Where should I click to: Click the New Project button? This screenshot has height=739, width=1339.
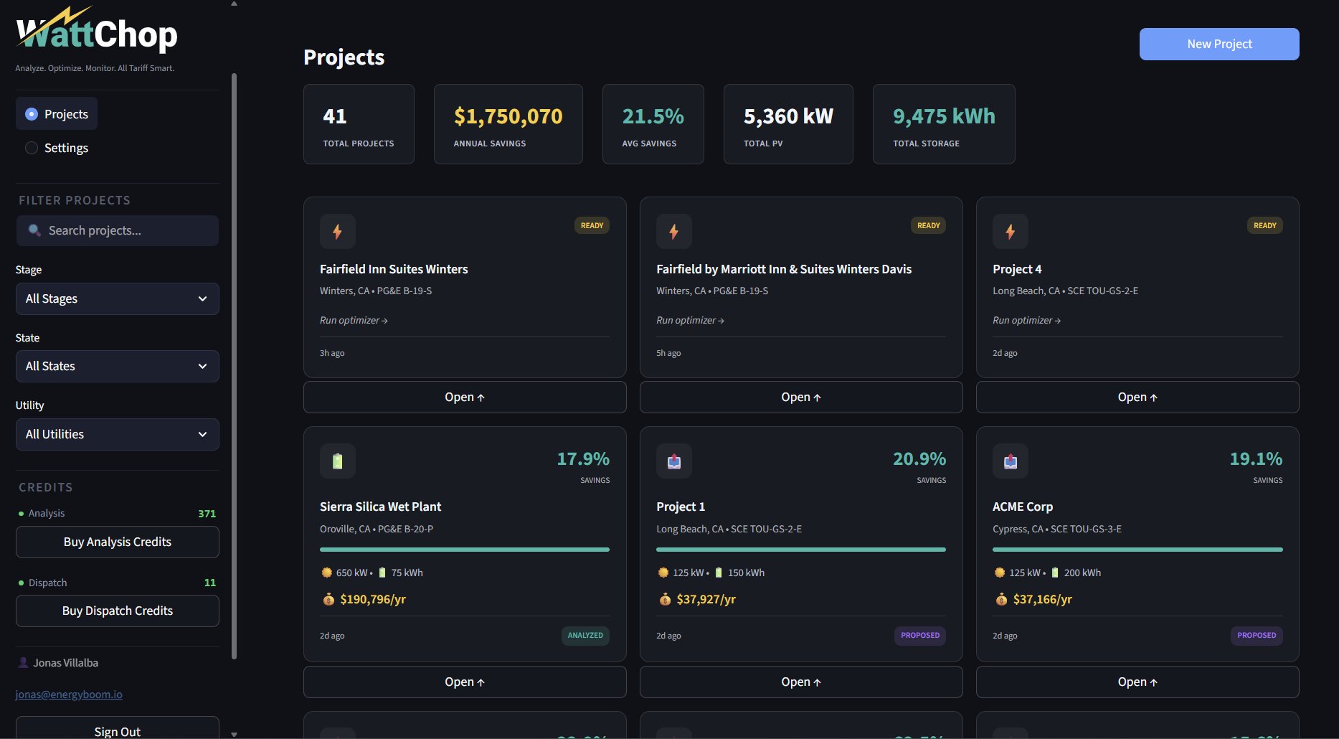pyautogui.click(x=1219, y=44)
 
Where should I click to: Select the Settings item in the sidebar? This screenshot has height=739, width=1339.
pyautogui.click(x=65, y=148)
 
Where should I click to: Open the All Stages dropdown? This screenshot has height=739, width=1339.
pyautogui.click(x=117, y=298)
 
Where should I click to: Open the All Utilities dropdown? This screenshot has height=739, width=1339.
pyautogui.click(x=117, y=434)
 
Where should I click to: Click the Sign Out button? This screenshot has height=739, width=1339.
pyautogui.click(x=117, y=730)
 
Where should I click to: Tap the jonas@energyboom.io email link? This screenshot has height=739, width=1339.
pyautogui.click(x=69, y=695)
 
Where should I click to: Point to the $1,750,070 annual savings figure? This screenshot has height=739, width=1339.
pyautogui.click(x=508, y=116)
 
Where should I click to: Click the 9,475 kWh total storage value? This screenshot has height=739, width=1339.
pyautogui.click(x=943, y=116)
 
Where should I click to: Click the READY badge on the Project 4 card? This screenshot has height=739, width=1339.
pyautogui.click(x=1264, y=225)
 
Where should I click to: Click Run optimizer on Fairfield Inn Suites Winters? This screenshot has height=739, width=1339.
pyautogui.click(x=354, y=321)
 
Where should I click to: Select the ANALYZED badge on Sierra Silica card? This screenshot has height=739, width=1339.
pyautogui.click(x=585, y=635)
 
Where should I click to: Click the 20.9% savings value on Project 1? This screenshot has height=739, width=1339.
pyautogui.click(x=919, y=459)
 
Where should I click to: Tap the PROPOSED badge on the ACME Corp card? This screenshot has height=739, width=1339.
pyautogui.click(x=1256, y=635)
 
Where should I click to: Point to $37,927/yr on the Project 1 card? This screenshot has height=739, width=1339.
pyautogui.click(x=706, y=599)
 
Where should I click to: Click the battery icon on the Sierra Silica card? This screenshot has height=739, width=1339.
pyautogui.click(x=338, y=461)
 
